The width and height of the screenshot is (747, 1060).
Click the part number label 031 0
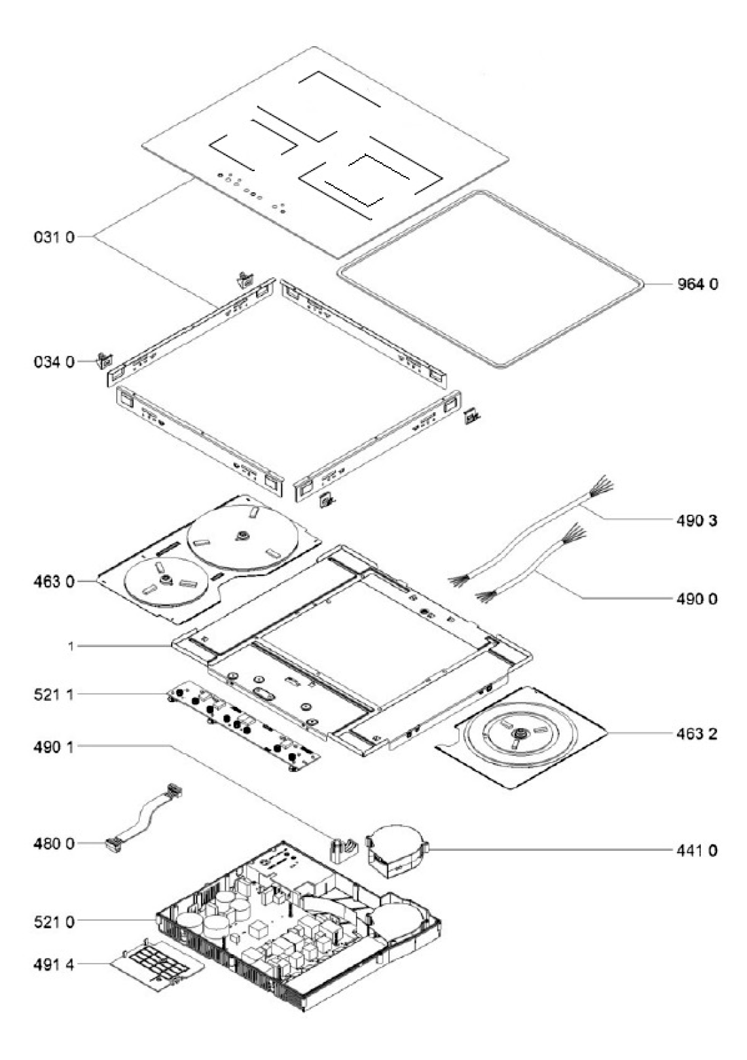click(x=54, y=236)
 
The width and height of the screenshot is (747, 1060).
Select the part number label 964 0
click(x=697, y=284)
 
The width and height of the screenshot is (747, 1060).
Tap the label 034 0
click(x=54, y=362)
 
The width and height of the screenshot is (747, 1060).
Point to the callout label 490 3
click(x=696, y=521)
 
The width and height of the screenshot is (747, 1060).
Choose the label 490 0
click(x=696, y=599)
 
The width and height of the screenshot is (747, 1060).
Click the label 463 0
click(x=54, y=581)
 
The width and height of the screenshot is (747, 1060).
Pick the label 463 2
click(x=696, y=734)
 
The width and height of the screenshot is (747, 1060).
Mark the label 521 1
click(x=54, y=695)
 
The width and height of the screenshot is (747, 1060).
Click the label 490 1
click(x=54, y=747)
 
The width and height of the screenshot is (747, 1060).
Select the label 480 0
click(x=54, y=843)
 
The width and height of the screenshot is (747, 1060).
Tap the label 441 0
click(x=696, y=850)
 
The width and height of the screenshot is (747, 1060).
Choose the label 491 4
click(x=54, y=965)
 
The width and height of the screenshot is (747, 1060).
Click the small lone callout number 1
click(x=71, y=646)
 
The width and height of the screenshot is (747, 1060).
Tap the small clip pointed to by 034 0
click(x=105, y=361)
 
